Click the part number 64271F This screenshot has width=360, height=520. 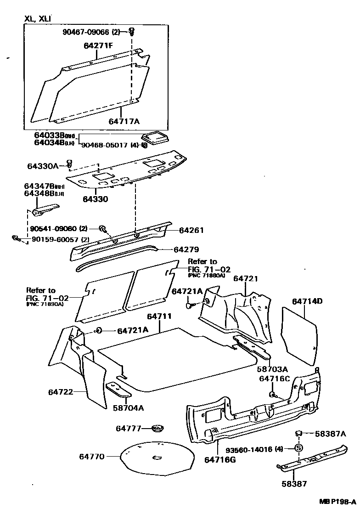pos(99,46)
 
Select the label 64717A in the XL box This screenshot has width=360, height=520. pos(124,121)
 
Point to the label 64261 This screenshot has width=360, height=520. pos(191,231)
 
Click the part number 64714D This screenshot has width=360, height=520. pos(307,301)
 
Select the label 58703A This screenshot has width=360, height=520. pos(272,369)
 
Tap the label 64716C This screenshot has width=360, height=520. pos(275,379)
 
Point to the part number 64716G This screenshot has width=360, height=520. pos(220,459)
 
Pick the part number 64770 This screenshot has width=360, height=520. pos(92,456)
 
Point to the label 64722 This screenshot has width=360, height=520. pos(61,392)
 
